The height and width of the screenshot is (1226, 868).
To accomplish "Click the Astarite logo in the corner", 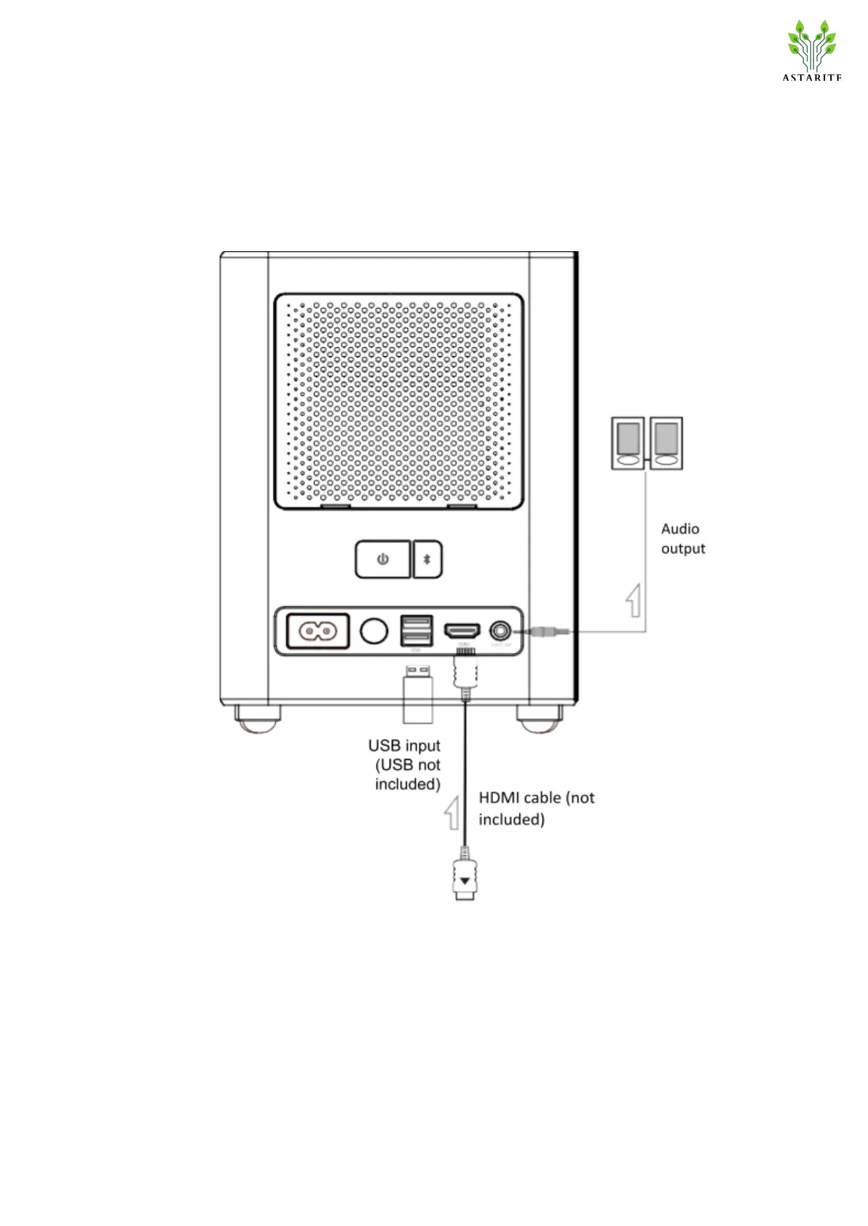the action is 811,51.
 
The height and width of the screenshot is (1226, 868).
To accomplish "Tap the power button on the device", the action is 382,559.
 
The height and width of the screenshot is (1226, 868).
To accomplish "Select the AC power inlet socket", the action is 318,630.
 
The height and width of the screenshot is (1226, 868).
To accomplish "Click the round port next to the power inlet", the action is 374,630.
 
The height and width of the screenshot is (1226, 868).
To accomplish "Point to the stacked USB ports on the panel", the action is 417,630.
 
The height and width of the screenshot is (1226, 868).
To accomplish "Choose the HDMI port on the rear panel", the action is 462,630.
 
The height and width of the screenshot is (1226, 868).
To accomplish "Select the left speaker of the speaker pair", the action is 628,443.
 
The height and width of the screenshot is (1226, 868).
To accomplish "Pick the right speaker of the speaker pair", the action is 666,443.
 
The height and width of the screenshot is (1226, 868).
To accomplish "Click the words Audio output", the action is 682,539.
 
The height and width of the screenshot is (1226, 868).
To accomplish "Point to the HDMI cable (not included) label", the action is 536,808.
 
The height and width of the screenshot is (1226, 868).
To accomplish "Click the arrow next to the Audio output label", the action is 634,600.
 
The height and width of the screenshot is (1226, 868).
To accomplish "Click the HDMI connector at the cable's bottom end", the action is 465,879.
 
